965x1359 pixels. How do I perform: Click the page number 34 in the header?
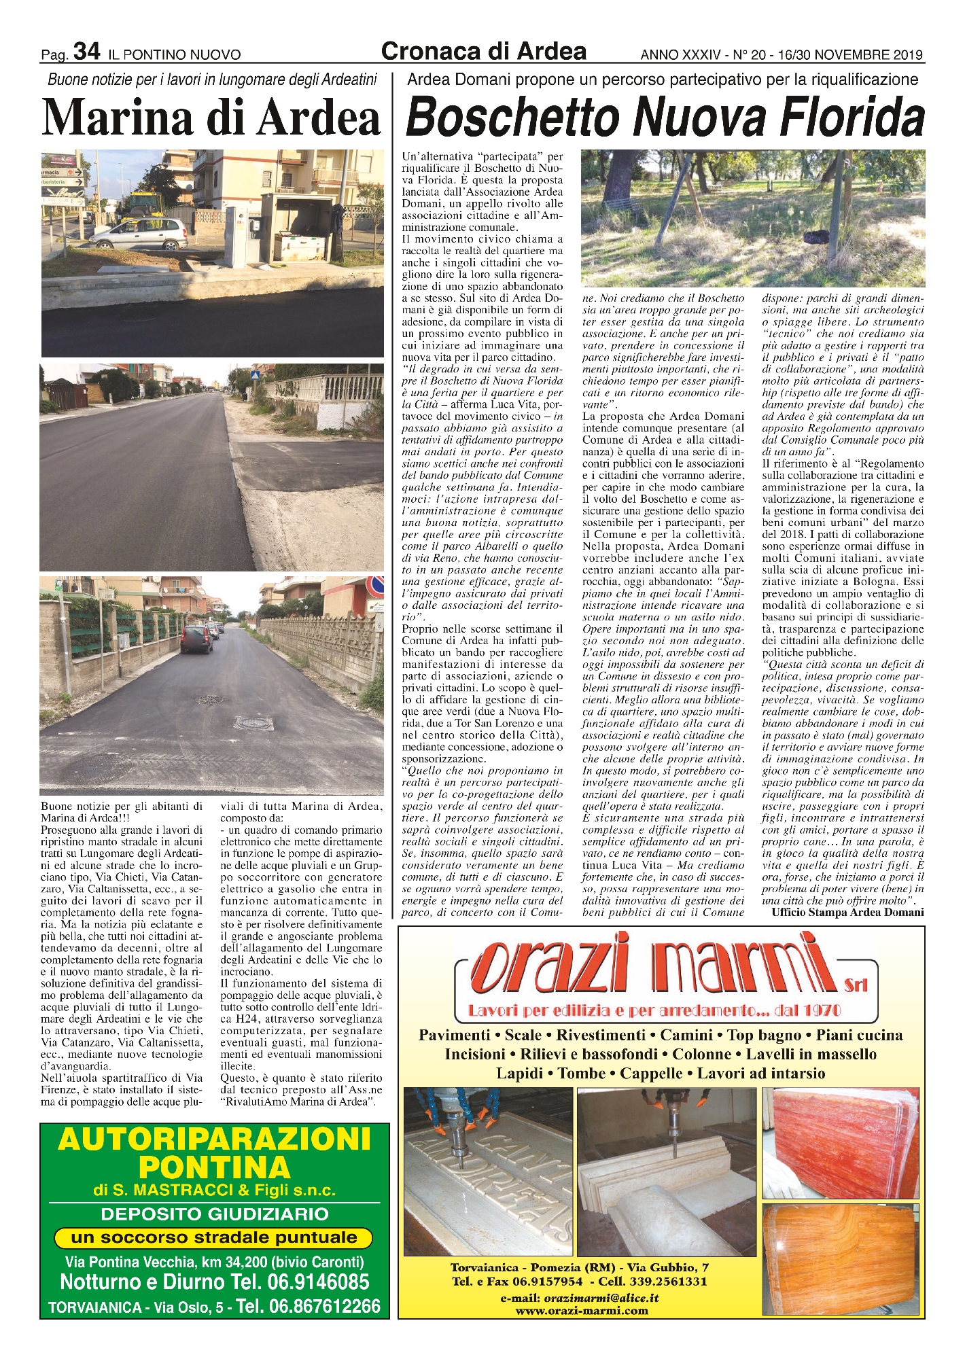[86, 52]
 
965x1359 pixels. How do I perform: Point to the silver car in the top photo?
[139, 234]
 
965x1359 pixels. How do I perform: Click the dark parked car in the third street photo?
[196, 639]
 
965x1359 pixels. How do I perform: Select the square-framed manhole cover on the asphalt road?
[253, 723]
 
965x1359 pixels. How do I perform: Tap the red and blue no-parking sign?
[374, 585]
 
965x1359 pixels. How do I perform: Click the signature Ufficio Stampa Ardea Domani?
[847, 913]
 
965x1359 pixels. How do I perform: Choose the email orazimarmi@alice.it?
[601, 1297]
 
